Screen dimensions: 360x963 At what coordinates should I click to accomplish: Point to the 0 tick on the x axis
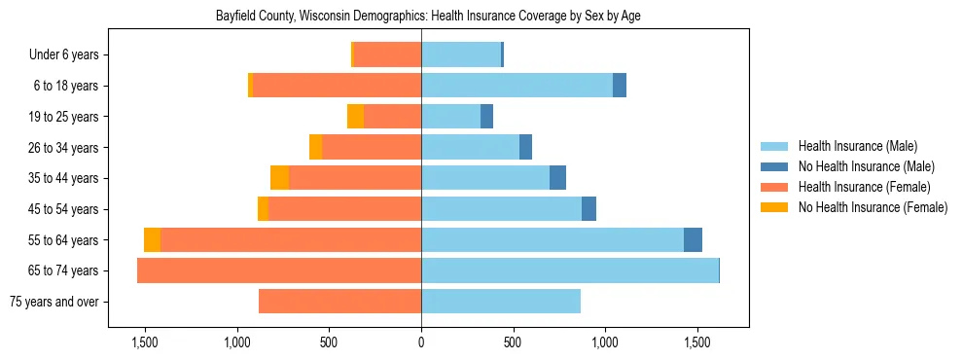[x=421, y=342]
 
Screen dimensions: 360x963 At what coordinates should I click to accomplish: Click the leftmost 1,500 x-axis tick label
[x=145, y=342]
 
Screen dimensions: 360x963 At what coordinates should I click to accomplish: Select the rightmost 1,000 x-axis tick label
[x=605, y=342]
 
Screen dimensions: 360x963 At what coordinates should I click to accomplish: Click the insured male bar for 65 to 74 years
[x=569, y=270]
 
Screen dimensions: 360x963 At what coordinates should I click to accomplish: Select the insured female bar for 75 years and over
[x=340, y=302]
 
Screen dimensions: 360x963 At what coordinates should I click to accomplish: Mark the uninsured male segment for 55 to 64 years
[x=693, y=240]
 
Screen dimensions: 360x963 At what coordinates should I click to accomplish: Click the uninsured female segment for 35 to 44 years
[x=279, y=178]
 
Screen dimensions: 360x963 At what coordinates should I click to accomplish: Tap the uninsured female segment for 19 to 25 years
[x=355, y=117]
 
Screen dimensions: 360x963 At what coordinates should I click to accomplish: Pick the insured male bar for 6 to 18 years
[x=517, y=86]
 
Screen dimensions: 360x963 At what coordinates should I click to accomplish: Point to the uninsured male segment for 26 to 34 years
[x=525, y=147]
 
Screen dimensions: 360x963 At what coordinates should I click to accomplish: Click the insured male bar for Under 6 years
[x=461, y=55]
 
